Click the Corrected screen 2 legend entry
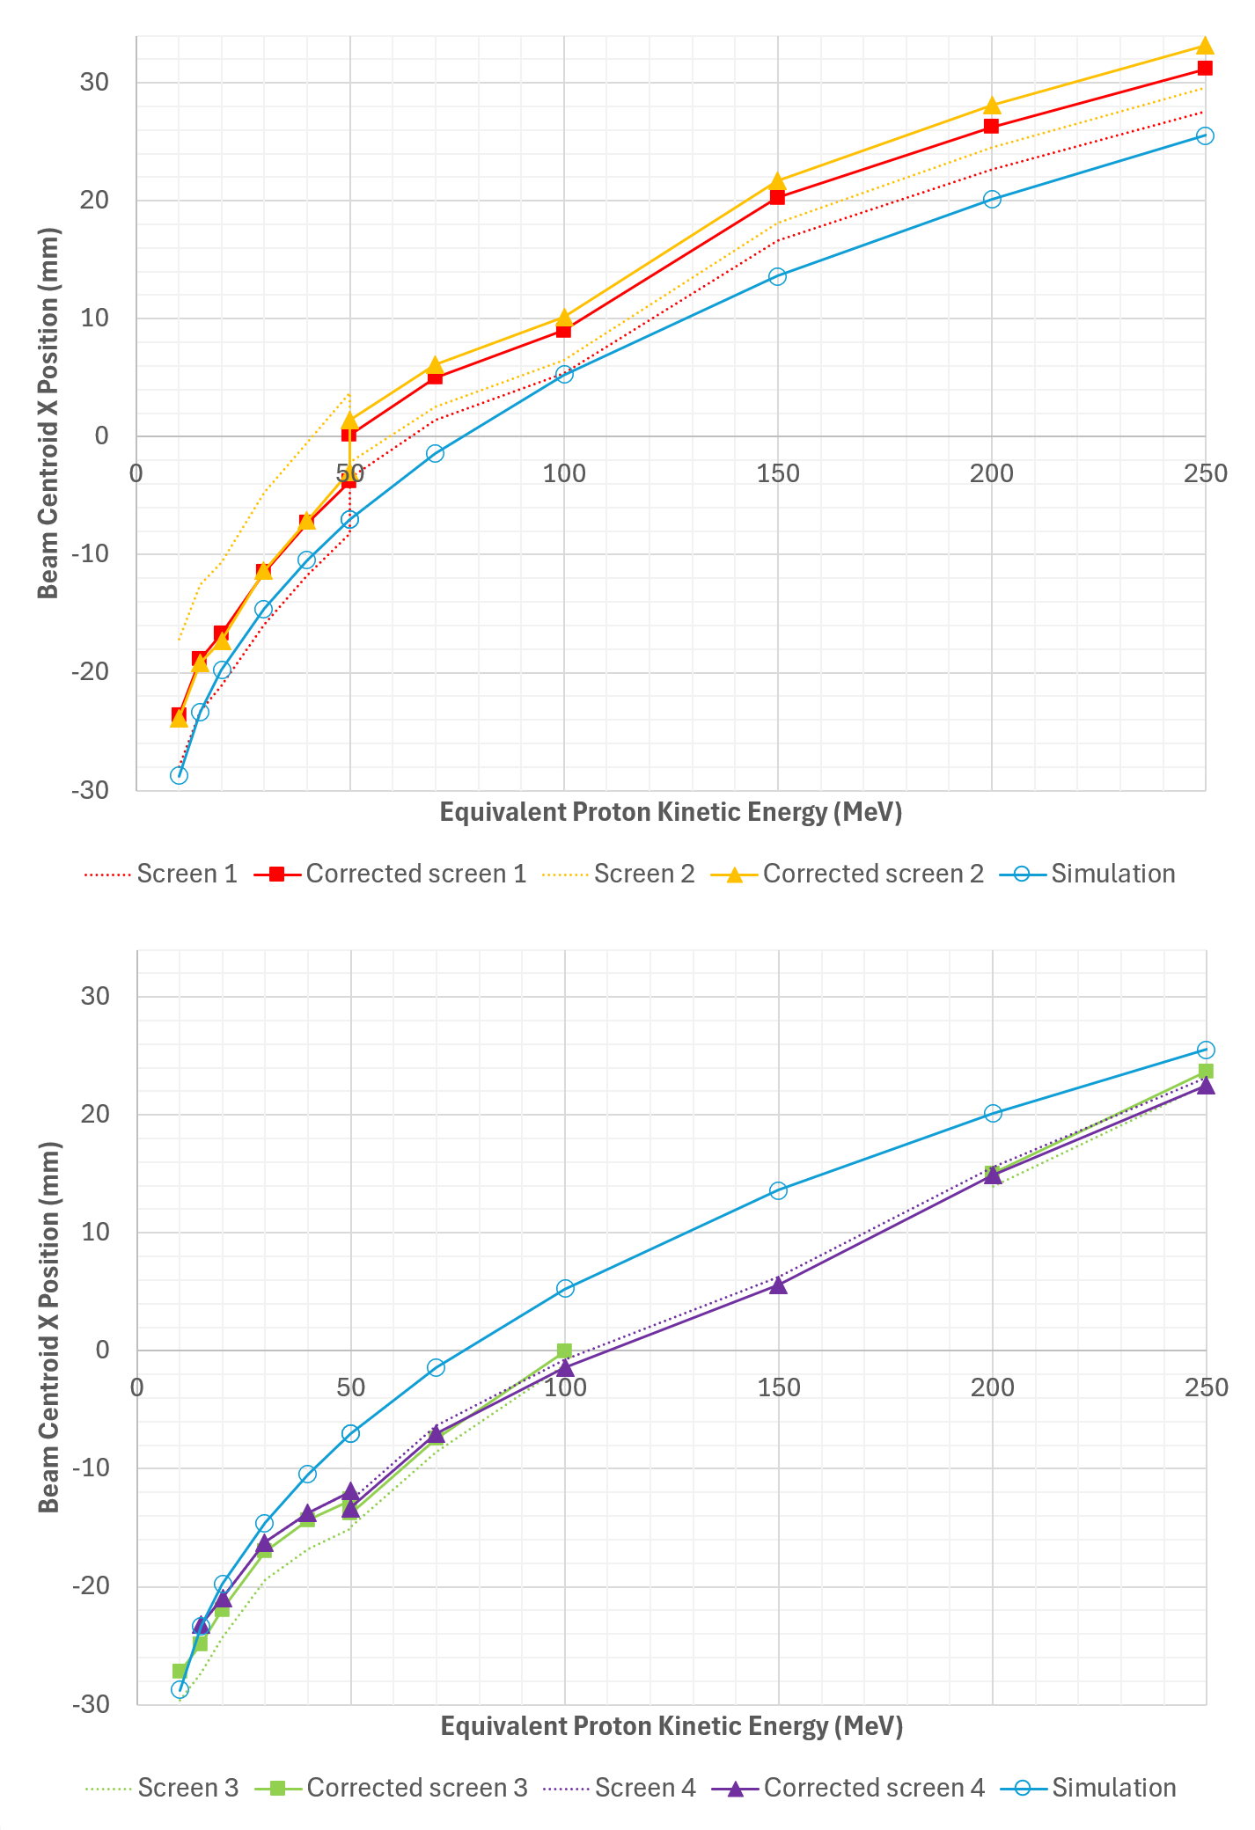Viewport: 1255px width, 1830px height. click(x=872, y=874)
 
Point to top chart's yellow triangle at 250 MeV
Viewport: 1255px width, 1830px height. click(x=1205, y=46)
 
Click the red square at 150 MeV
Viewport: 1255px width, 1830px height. click(x=777, y=197)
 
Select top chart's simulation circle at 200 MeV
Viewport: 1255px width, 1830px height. click(x=992, y=199)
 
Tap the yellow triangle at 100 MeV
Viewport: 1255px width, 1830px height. click(x=564, y=318)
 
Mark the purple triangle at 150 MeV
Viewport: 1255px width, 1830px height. click(x=778, y=1285)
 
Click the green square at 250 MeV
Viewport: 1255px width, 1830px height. click(x=1206, y=1071)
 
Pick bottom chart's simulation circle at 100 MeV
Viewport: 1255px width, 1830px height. click(x=565, y=1288)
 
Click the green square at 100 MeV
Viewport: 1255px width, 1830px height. click(x=564, y=1351)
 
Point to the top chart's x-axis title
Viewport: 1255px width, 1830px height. click(x=671, y=811)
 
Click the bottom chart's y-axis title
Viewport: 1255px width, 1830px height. click(x=49, y=1327)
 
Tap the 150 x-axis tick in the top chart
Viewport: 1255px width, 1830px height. click(x=778, y=474)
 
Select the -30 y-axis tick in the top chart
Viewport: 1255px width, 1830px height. click(x=91, y=790)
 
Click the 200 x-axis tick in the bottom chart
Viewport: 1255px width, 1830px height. click(x=992, y=1388)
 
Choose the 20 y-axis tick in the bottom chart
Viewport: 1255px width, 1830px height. click(x=96, y=1114)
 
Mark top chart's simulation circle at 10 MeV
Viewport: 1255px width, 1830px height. click(x=179, y=775)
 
